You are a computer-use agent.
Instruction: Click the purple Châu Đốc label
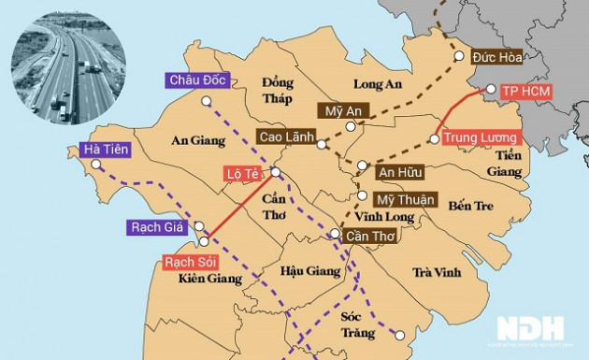196,80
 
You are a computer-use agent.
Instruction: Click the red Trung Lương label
480,138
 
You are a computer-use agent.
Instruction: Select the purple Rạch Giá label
155,227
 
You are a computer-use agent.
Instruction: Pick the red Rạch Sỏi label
190,262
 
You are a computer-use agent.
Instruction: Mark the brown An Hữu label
399,172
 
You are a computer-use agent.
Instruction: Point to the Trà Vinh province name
436,272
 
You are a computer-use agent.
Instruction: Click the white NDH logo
530,328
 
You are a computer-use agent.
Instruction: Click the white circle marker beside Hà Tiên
93,165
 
